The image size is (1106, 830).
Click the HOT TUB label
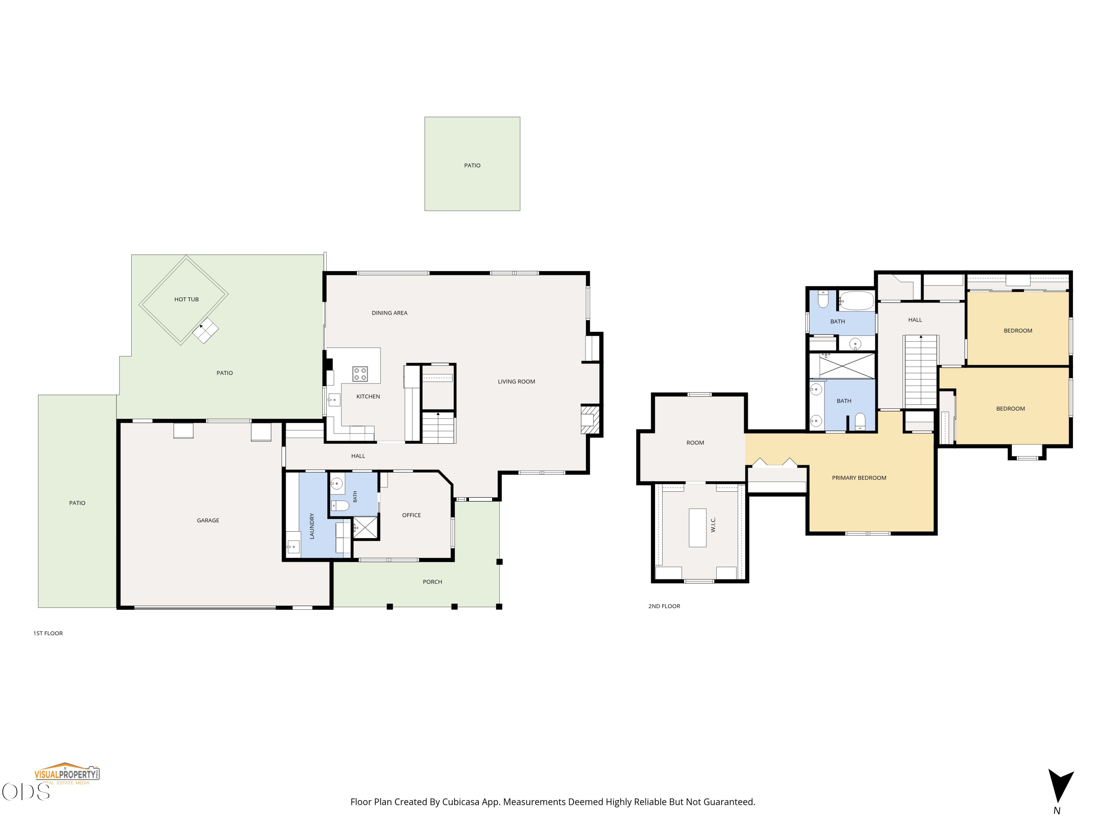187,299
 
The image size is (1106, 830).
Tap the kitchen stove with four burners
360,374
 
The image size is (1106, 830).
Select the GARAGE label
208,520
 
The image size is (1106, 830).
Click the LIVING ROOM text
517,381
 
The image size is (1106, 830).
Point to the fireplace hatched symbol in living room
590,419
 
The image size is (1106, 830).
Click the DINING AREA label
390,313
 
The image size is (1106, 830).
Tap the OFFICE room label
411,515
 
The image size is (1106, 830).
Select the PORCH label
432,581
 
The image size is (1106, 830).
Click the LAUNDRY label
312,526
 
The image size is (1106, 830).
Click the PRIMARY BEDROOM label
859,478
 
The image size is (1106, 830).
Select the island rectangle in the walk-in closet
698,528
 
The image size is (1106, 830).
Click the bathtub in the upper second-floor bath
856,301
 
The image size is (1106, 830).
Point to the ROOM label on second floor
695,443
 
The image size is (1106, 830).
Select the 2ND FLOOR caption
664,606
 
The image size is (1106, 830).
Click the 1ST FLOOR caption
48,633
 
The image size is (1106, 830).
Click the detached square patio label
472,165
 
